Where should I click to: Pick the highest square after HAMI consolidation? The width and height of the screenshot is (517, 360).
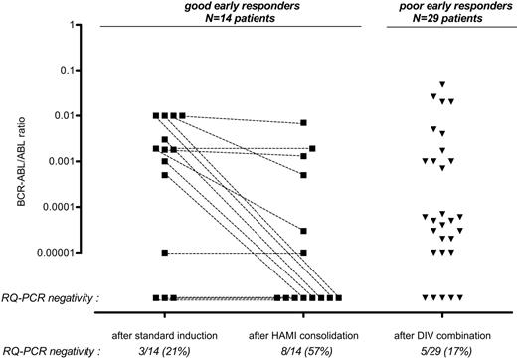[304, 123]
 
